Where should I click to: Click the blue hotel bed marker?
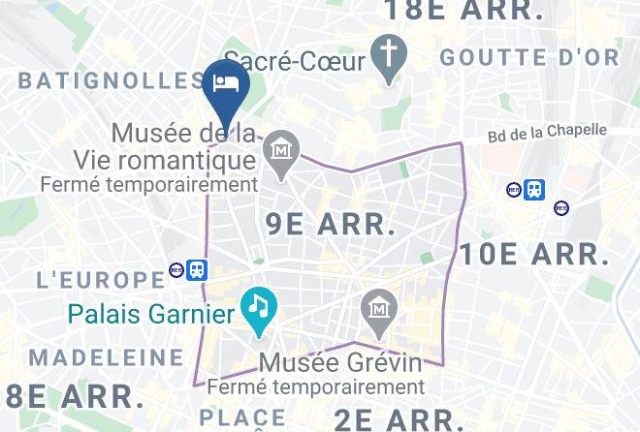tap(227, 84)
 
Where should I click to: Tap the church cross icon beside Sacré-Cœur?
tap(389, 60)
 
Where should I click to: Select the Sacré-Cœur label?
tap(295, 61)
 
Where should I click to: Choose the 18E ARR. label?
tap(464, 11)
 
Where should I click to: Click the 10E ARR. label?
tap(534, 256)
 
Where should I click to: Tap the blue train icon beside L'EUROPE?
tap(198, 270)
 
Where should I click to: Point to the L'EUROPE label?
tap(100, 280)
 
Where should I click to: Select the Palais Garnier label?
tap(151, 314)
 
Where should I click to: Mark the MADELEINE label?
tap(107, 357)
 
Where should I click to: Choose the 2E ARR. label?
tap(398, 419)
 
